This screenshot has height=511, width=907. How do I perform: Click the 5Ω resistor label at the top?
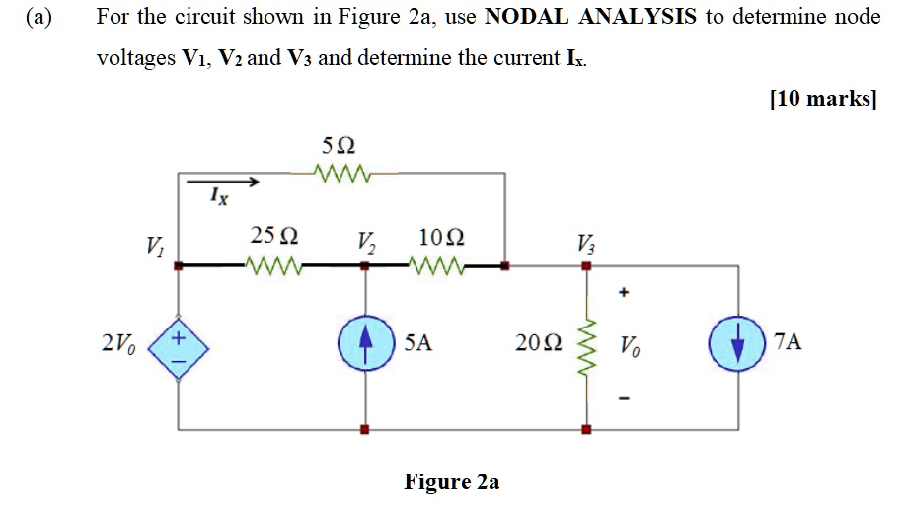point(337,146)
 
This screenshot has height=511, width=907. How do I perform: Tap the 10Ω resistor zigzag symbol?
point(437,266)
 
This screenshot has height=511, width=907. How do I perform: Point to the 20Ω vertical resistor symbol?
point(586,344)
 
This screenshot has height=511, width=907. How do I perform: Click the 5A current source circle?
point(366,344)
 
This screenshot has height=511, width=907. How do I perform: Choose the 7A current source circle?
point(737,344)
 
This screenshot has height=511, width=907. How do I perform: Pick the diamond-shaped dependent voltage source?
point(179,344)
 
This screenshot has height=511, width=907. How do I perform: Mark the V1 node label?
point(155,245)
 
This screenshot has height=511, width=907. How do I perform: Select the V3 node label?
point(586,242)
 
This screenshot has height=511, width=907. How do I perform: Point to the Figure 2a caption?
point(451,482)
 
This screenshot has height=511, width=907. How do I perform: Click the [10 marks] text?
point(822,99)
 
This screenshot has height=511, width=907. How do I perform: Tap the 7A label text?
point(789,343)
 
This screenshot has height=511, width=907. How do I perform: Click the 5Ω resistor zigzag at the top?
point(337,174)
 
